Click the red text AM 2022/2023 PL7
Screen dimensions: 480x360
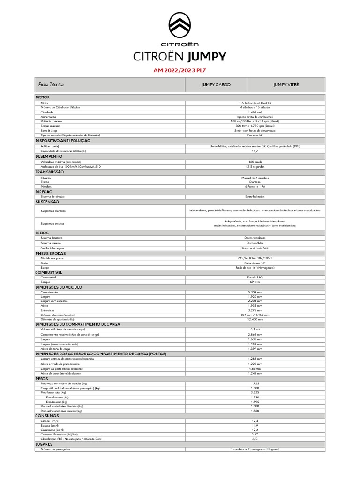pyautogui.click(x=180, y=70)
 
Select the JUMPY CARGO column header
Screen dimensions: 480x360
pyautogui.click(x=216, y=85)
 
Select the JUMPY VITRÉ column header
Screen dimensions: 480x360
pyautogui.click(x=286, y=85)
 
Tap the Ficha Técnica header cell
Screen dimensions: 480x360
pyautogui.click(x=51, y=85)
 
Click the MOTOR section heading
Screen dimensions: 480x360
pyautogui.click(x=43, y=97)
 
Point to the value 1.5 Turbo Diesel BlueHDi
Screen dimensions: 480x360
pyautogui.click(x=255, y=103)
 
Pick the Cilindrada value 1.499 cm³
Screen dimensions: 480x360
pyautogui.click(x=255, y=112)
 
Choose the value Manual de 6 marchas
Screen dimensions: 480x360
pyautogui.click(x=255, y=178)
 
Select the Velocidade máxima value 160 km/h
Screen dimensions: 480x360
pyautogui.click(x=255, y=162)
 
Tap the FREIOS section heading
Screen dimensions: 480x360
pyautogui.click(x=42, y=232)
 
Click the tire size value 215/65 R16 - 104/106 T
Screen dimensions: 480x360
pyautogui.click(x=255, y=258)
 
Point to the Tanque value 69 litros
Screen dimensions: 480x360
pyautogui.click(x=255, y=282)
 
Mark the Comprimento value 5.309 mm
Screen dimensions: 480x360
pyautogui.click(x=255, y=292)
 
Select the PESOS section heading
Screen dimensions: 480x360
pyautogui.click(x=42, y=378)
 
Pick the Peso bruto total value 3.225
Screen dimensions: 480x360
pyautogui.click(x=255, y=392)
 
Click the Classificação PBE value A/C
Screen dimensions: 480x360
pyautogui.click(x=255, y=439)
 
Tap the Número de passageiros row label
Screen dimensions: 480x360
pyautogui.click(x=55, y=449)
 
